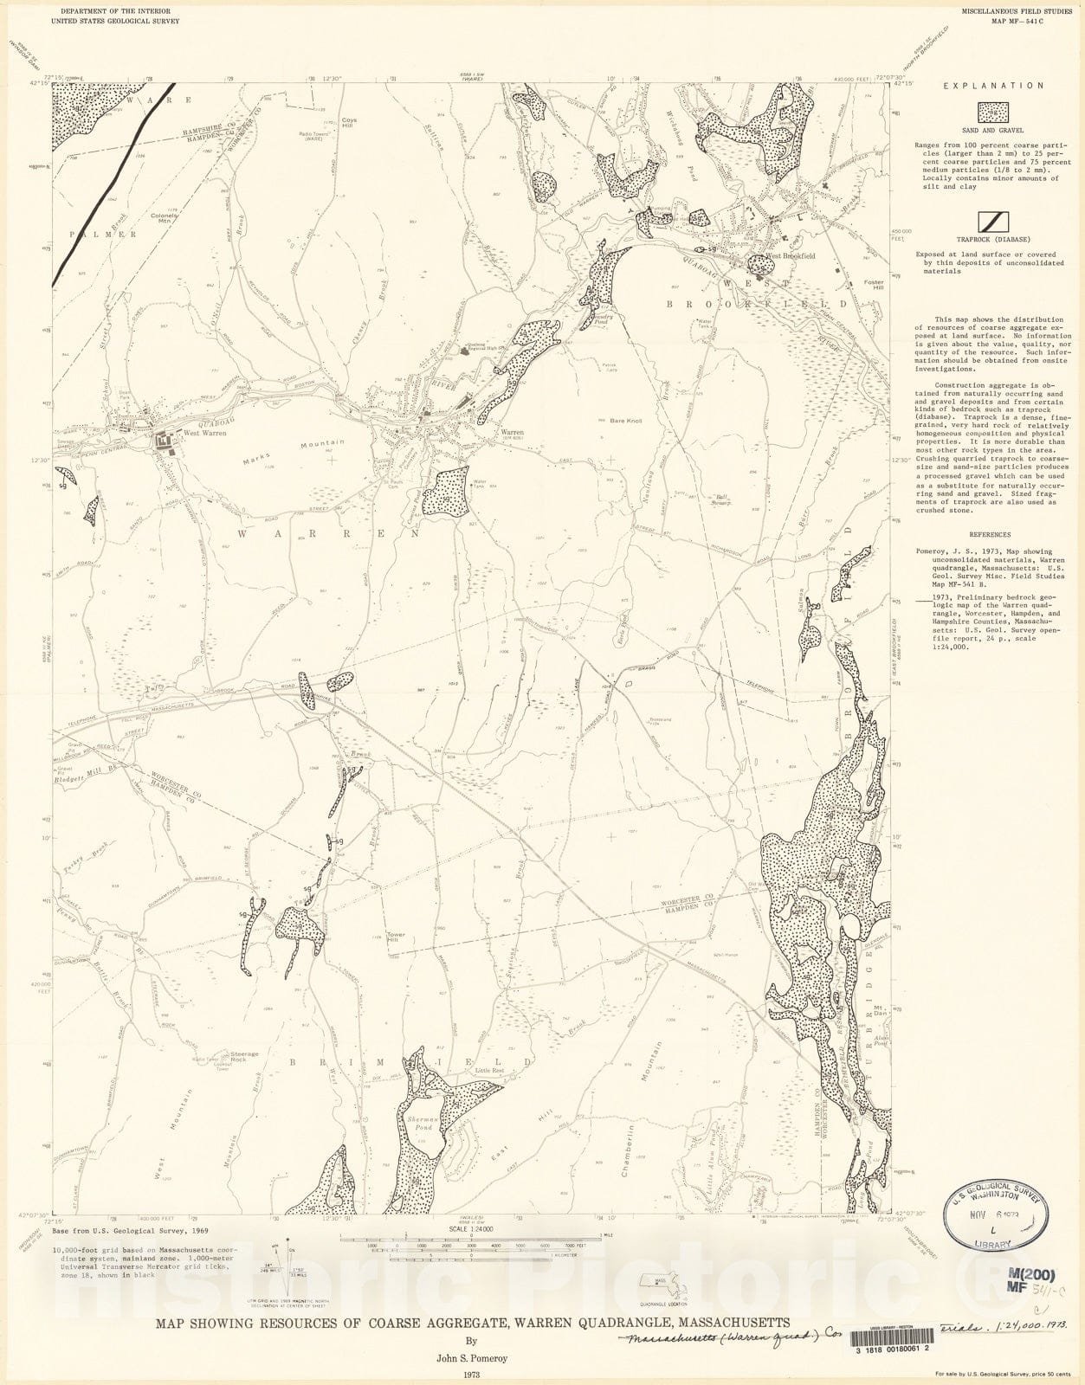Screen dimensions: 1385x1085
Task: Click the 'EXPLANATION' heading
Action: click(980, 86)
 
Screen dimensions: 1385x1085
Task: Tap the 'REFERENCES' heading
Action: click(989, 535)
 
